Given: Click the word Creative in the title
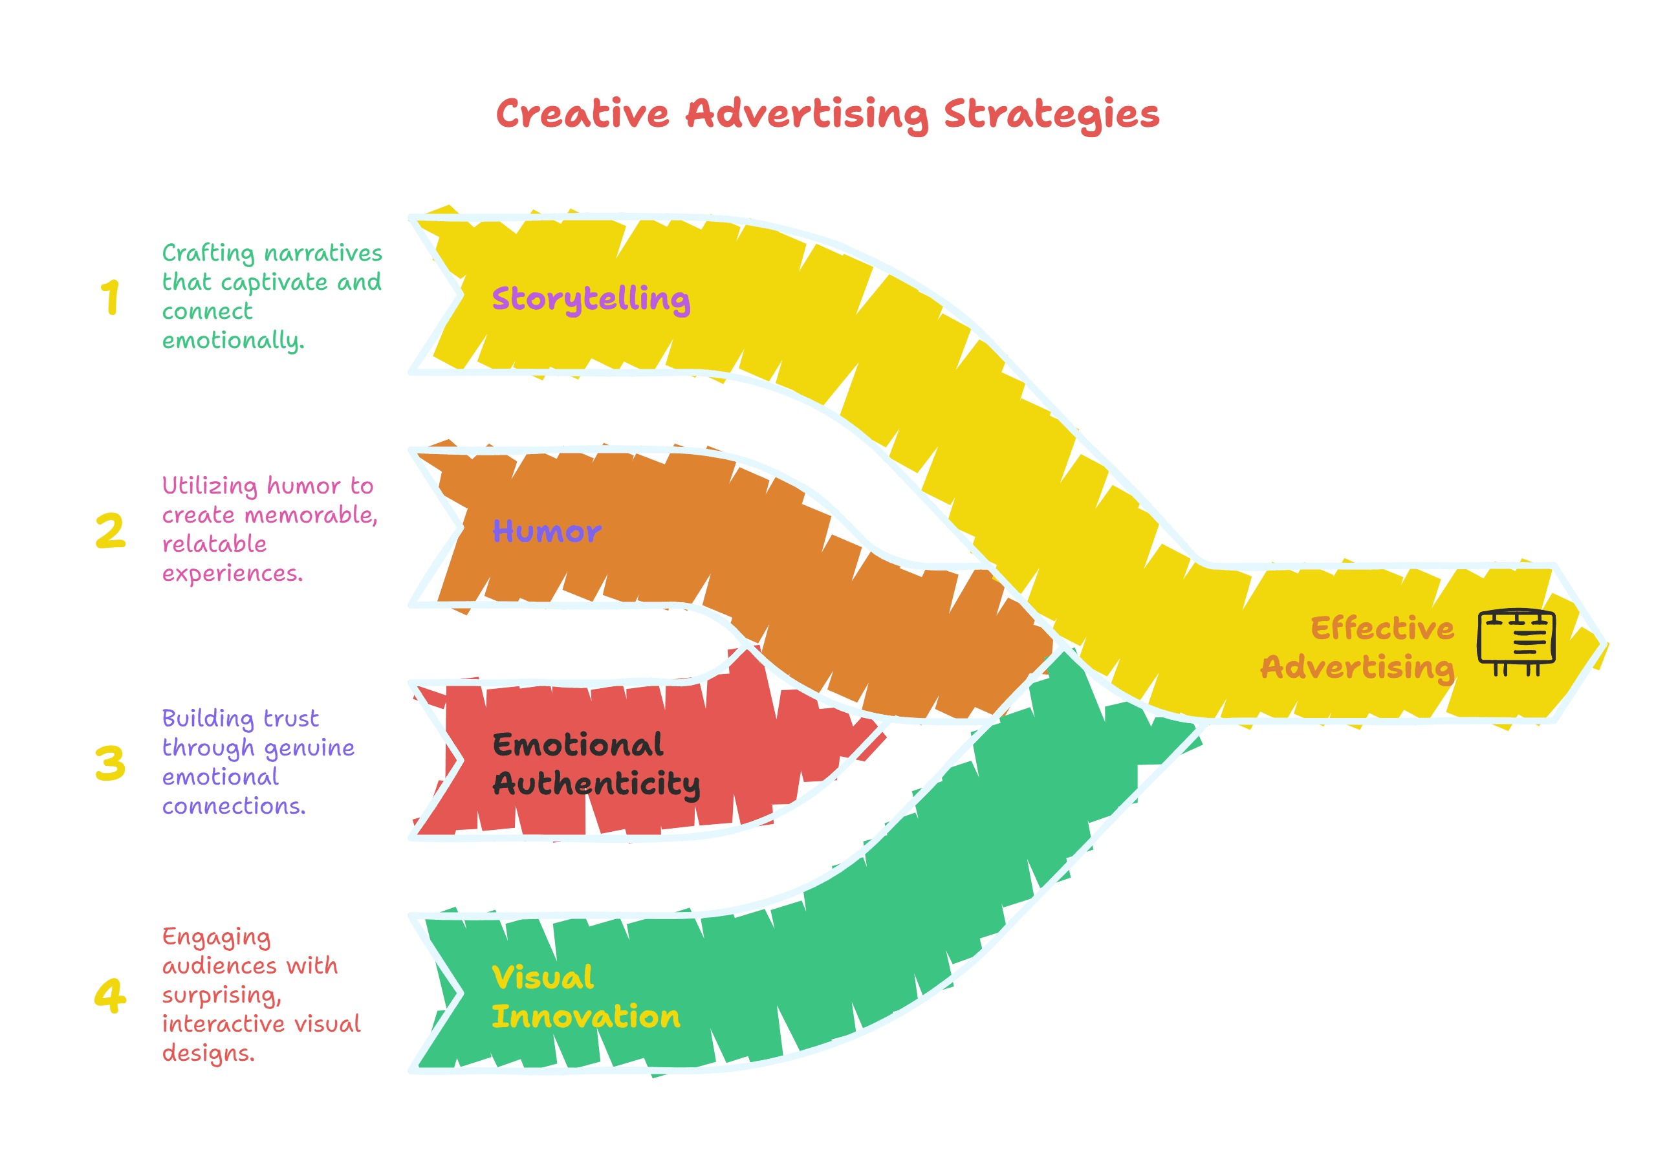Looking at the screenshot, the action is (x=583, y=114).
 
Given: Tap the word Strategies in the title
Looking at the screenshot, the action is (x=1052, y=115).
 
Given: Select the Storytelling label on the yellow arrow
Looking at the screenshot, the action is (x=591, y=299).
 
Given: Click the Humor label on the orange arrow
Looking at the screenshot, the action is (x=547, y=532).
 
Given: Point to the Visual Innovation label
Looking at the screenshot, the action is (x=585, y=997).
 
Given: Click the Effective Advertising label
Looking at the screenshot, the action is (x=1357, y=647).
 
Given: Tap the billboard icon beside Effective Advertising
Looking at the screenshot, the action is (x=1516, y=640).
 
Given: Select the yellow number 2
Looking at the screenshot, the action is (x=111, y=530).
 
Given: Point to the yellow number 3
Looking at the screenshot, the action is (x=111, y=763).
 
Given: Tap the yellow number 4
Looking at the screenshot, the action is (x=111, y=996).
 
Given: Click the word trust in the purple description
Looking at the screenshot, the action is (x=290, y=719).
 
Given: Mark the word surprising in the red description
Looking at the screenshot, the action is (x=222, y=996).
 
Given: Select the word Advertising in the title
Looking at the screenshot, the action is (x=807, y=115).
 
